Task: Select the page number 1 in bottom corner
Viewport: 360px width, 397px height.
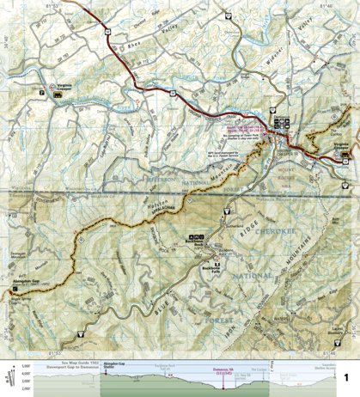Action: coord(346,376)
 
